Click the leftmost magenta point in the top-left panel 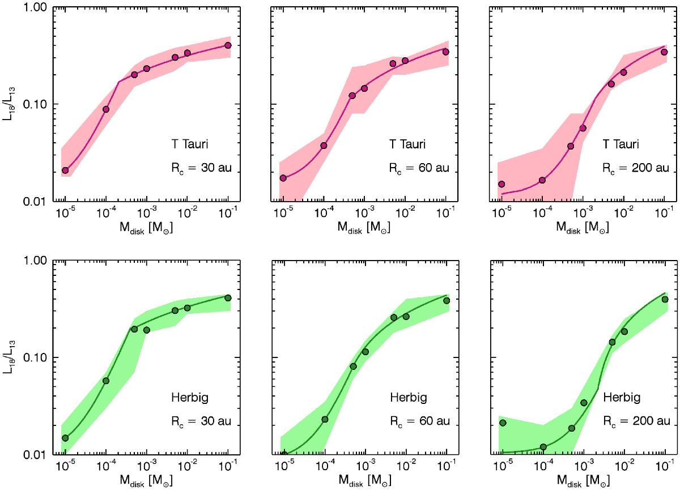coord(65,170)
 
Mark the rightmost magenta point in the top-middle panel coord(445,52)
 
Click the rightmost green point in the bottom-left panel coord(228,298)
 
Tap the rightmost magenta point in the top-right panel coord(664,52)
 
